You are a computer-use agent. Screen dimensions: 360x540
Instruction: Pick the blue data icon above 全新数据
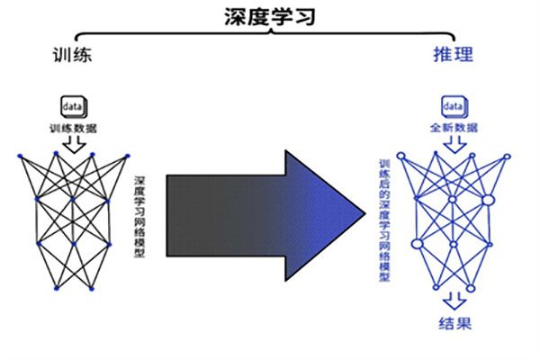coord(453,109)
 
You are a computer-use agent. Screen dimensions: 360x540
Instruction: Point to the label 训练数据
coord(73,128)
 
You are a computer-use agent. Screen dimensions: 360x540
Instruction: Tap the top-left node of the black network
coord(20,156)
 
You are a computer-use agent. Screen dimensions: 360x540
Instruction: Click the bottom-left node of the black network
coord(56,289)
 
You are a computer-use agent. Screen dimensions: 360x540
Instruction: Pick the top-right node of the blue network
coord(507,157)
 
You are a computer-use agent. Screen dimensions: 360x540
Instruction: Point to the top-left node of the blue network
coord(400,157)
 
